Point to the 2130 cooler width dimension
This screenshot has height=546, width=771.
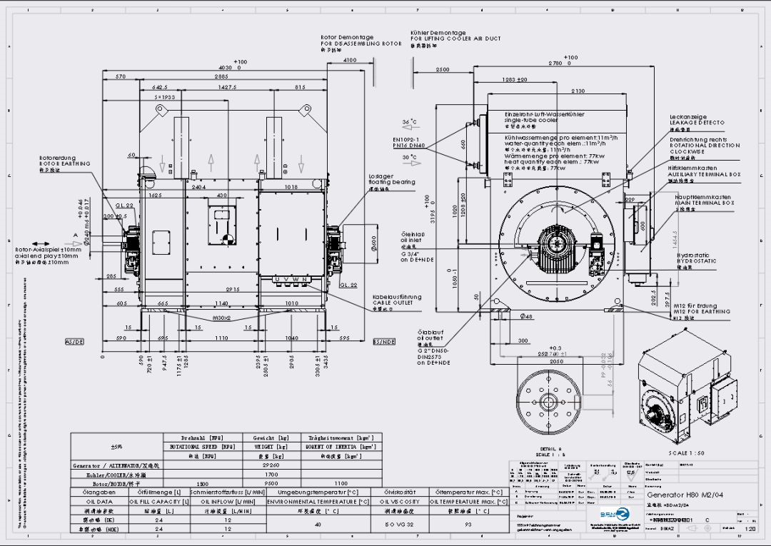click(578, 91)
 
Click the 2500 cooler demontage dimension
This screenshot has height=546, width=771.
click(443, 69)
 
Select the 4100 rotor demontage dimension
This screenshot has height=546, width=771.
click(350, 61)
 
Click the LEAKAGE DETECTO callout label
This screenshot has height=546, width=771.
click(696, 123)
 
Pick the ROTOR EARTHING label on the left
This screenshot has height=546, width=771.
click(64, 163)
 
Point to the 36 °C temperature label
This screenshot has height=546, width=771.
click(409, 122)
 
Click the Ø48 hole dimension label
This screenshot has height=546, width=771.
click(525, 315)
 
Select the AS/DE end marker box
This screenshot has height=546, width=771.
click(75, 342)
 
